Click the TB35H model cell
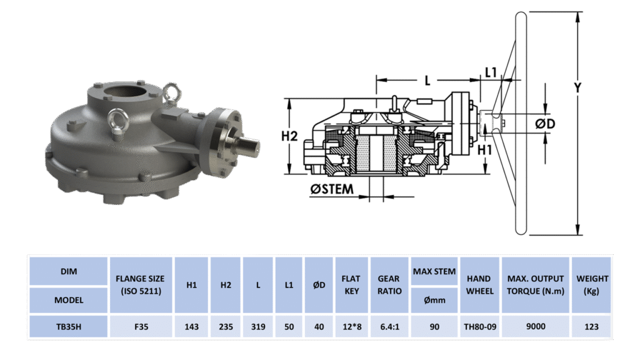(x=69, y=326)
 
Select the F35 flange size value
(x=141, y=326)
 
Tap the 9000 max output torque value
(x=536, y=326)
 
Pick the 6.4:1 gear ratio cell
(x=389, y=326)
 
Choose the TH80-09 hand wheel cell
(x=480, y=326)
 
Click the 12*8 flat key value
(x=352, y=326)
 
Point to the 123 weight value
(x=591, y=326)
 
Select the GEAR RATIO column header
(x=389, y=285)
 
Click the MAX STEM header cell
(x=434, y=271)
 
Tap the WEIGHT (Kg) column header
(x=591, y=285)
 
